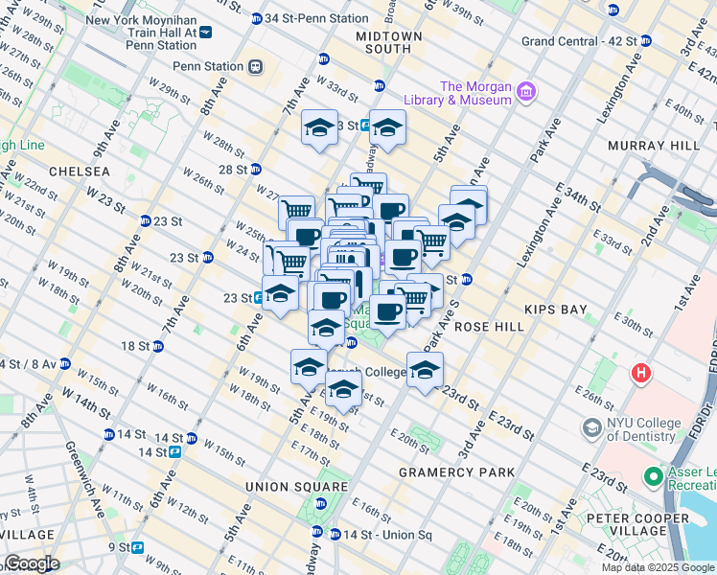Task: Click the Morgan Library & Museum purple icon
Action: coord(525,92)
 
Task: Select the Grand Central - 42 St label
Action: coord(579,41)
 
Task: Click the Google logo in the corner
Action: coord(31,563)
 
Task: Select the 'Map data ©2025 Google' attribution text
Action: coord(657,567)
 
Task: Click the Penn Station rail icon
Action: coord(255,66)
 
